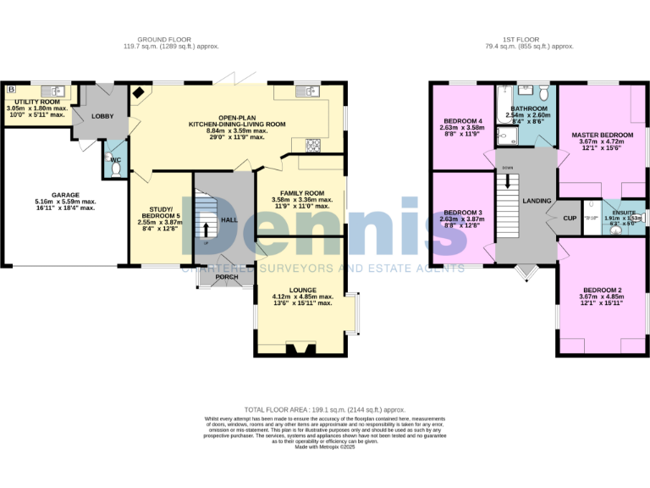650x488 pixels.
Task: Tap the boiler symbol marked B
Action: (x=11, y=89)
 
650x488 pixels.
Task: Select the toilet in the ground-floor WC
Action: (x=116, y=168)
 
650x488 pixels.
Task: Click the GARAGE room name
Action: (x=64, y=195)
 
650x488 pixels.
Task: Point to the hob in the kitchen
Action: (x=313, y=145)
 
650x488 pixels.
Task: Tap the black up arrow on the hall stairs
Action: (x=205, y=229)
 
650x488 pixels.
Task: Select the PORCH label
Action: (x=227, y=277)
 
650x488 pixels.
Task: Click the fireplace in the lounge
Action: (x=300, y=348)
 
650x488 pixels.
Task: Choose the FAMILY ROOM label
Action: (x=303, y=193)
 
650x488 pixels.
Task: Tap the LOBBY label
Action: (x=102, y=116)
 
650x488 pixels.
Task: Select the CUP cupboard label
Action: (x=570, y=218)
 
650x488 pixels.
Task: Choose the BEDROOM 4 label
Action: (x=463, y=121)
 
